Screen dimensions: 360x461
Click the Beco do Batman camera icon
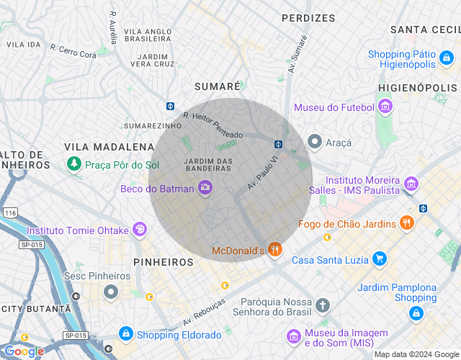point(205,188)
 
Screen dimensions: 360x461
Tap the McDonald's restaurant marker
point(274,250)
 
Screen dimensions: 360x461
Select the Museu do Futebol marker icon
point(385,107)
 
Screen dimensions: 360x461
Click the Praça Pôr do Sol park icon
point(73,165)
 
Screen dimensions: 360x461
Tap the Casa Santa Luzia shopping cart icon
point(380,259)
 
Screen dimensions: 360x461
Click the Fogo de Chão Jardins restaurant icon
point(408,223)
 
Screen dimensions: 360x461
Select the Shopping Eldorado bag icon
point(126,334)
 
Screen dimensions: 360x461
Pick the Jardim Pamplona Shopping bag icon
point(416,313)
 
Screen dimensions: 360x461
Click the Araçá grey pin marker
point(314,142)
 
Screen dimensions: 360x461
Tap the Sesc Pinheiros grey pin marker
point(110,292)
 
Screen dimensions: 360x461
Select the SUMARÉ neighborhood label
point(218,86)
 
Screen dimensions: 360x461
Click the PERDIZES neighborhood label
point(308,17)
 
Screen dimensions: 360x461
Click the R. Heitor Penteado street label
point(212,125)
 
